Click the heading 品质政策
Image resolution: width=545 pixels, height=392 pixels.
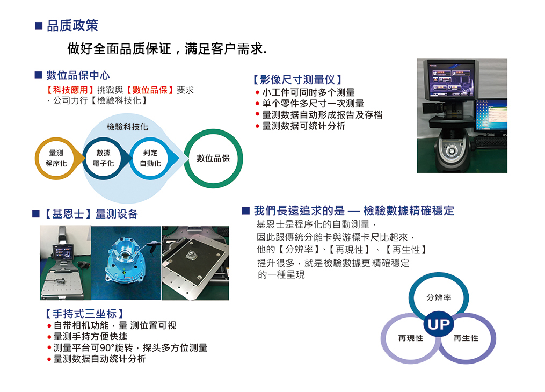[x=72, y=25]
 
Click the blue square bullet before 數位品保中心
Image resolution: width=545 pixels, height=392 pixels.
[x=38, y=75]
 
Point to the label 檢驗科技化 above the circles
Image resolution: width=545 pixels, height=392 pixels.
[x=127, y=127]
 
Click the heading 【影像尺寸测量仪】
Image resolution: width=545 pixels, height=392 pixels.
[x=297, y=80]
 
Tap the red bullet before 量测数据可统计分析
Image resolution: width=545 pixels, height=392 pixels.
[x=257, y=126]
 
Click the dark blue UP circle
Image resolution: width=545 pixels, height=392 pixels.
[x=439, y=324]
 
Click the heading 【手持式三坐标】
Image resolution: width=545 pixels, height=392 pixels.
[x=84, y=314]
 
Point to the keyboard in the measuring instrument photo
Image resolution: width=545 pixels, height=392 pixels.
[x=491, y=142]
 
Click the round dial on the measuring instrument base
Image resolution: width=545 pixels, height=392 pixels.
[x=452, y=151]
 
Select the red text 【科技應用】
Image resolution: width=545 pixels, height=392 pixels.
[x=70, y=90]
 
